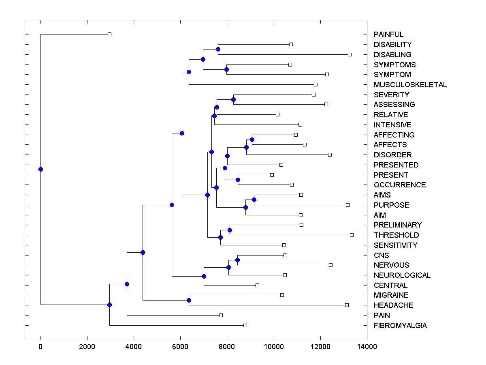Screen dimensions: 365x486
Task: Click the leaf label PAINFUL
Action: pyautogui.click(x=388, y=34)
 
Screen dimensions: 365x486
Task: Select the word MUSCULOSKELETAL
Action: pyautogui.click(x=410, y=85)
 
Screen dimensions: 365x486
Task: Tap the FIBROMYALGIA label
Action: pyautogui.click(x=400, y=326)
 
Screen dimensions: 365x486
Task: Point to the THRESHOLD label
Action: pyautogui.click(x=396, y=235)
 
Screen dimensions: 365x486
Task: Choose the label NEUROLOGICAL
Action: pyautogui.click(x=402, y=275)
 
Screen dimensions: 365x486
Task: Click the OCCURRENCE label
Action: pyautogui.click(x=399, y=185)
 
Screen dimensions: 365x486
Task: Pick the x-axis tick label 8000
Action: pyautogui.click(x=227, y=346)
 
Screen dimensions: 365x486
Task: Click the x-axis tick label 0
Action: pyautogui.click(x=40, y=346)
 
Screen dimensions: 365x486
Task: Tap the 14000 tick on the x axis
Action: pyautogui.click(x=367, y=346)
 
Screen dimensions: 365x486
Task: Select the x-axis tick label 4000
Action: pyautogui.click(x=134, y=346)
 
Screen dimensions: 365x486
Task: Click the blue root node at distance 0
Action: pyautogui.click(x=40, y=169)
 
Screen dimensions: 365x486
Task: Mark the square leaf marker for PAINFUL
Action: pyautogui.click(x=109, y=34)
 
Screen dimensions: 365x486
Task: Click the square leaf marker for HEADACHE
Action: pyautogui.click(x=347, y=305)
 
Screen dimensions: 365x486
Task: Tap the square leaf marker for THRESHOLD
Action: pyautogui.click(x=352, y=235)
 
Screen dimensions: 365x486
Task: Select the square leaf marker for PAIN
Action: pyautogui.click(x=221, y=315)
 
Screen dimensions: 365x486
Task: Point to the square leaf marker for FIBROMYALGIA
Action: pyautogui.click(x=245, y=325)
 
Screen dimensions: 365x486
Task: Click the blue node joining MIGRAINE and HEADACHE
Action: pyautogui.click(x=189, y=300)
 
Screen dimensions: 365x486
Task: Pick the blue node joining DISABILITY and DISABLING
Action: pyautogui.click(x=218, y=49)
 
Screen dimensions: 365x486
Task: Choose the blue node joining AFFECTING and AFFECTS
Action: pyautogui.click(x=252, y=140)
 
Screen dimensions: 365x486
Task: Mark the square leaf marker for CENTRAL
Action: pyautogui.click(x=257, y=285)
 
